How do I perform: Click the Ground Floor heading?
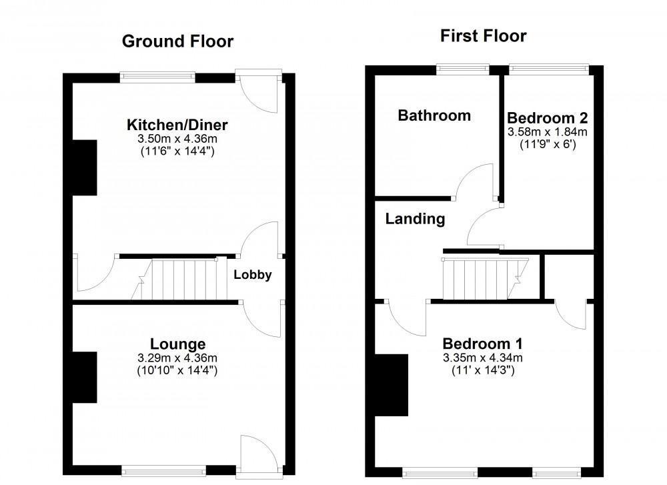coord(177,41)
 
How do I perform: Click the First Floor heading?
coord(484,35)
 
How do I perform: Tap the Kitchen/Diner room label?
coord(178,125)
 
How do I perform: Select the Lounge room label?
coord(177,344)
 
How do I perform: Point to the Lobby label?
coord(253,274)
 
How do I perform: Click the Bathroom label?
coord(434,115)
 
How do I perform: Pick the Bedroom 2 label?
coord(548,118)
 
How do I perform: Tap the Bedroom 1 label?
coord(483,344)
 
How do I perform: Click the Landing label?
coord(415,218)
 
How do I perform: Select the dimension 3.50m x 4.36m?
coord(178,139)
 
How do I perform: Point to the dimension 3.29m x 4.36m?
coord(177,358)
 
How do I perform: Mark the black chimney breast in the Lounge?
coord(85,377)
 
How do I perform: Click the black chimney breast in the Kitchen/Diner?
coord(85,167)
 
